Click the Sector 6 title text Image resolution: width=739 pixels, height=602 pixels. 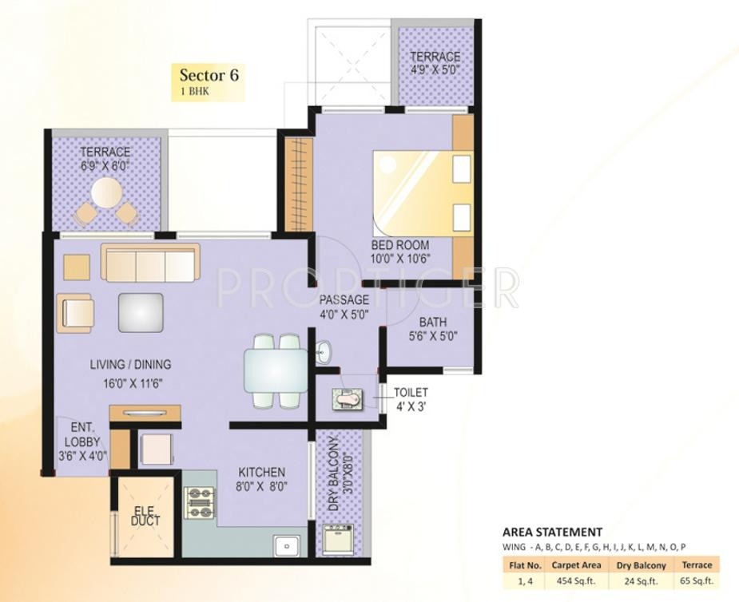pyautogui.click(x=209, y=75)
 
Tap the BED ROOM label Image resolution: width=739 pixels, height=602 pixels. pyautogui.click(x=400, y=245)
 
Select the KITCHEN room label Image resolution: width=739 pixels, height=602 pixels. pyautogui.click(x=261, y=472)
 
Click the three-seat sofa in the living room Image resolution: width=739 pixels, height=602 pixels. pyautogui.click(x=150, y=263)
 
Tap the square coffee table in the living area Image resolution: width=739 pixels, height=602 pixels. pyautogui.click(x=141, y=312)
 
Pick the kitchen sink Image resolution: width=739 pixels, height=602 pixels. pyautogui.click(x=287, y=546)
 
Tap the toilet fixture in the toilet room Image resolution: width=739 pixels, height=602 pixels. pyautogui.click(x=348, y=399)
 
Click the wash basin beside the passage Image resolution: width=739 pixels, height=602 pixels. pyautogui.click(x=324, y=351)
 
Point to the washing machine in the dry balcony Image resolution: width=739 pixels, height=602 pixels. pyautogui.click(x=337, y=540)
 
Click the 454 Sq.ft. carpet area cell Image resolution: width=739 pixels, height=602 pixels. pyautogui.click(x=576, y=580)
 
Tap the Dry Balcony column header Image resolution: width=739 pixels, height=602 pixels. pyautogui.click(x=641, y=565)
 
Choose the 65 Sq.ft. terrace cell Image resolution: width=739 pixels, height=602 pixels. pyautogui.click(x=697, y=580)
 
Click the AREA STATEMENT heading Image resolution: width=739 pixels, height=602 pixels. pyautogui.click(x=552, y=533)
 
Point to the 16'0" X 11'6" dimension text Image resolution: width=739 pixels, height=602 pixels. pyautogui.click(x=133, y=383)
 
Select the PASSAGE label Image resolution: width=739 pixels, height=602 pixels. pyautogui.click(x=344, y=299)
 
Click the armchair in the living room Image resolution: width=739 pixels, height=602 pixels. pyautogui.click(x=75, y=313)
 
